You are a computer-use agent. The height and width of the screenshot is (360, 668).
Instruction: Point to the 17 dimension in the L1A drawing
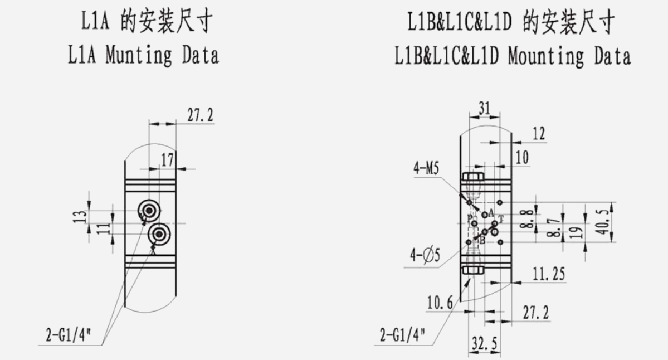[167, 160]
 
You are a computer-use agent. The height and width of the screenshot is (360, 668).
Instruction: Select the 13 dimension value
[81, 216]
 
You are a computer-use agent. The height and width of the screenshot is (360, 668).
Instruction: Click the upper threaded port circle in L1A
[150, 210]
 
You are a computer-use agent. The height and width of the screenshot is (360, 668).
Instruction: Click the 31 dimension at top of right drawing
[484, 109]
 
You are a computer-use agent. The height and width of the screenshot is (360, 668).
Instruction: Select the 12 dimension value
[539, 134]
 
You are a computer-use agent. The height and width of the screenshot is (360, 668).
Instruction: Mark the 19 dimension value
[579, 230]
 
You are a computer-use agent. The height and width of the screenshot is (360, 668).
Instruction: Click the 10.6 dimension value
[440, 303]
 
